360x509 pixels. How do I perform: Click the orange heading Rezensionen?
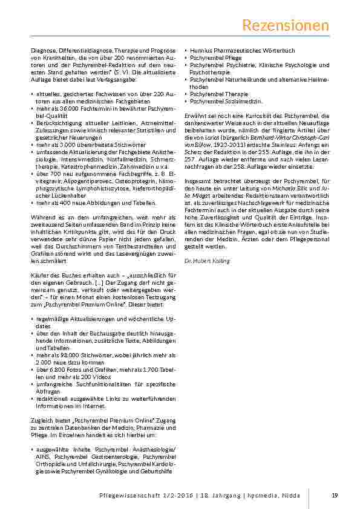click(x=286, y=25)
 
